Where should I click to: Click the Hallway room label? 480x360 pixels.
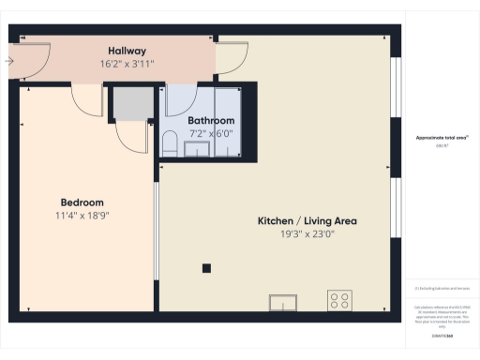[x=127, y=50]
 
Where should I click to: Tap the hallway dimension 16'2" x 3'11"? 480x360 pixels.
[x=127, y=63]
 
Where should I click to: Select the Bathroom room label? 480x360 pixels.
[x=211, y=121]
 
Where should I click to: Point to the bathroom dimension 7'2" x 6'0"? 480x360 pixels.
[x=211, y=133]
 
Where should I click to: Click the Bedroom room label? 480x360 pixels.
[x=82, y=202]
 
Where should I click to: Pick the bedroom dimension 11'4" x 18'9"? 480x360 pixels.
[x=82, y=216]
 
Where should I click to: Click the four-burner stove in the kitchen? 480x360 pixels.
[x=339, y=301]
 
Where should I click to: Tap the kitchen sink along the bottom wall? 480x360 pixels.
[x=284, y=302]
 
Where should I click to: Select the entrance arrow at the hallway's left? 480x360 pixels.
[x=8, y=61]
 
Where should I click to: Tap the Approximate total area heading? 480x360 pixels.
[x=442, y=138]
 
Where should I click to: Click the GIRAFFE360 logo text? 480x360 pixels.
[x=442, y=335]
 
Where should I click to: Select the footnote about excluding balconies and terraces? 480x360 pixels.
[x=442, y=288]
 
